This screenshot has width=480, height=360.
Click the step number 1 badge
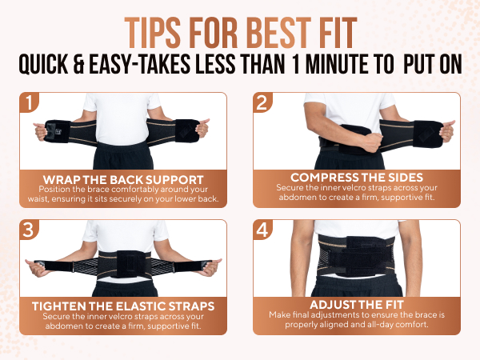(x=28, y=103)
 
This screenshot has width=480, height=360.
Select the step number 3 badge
(x=28, y=230)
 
